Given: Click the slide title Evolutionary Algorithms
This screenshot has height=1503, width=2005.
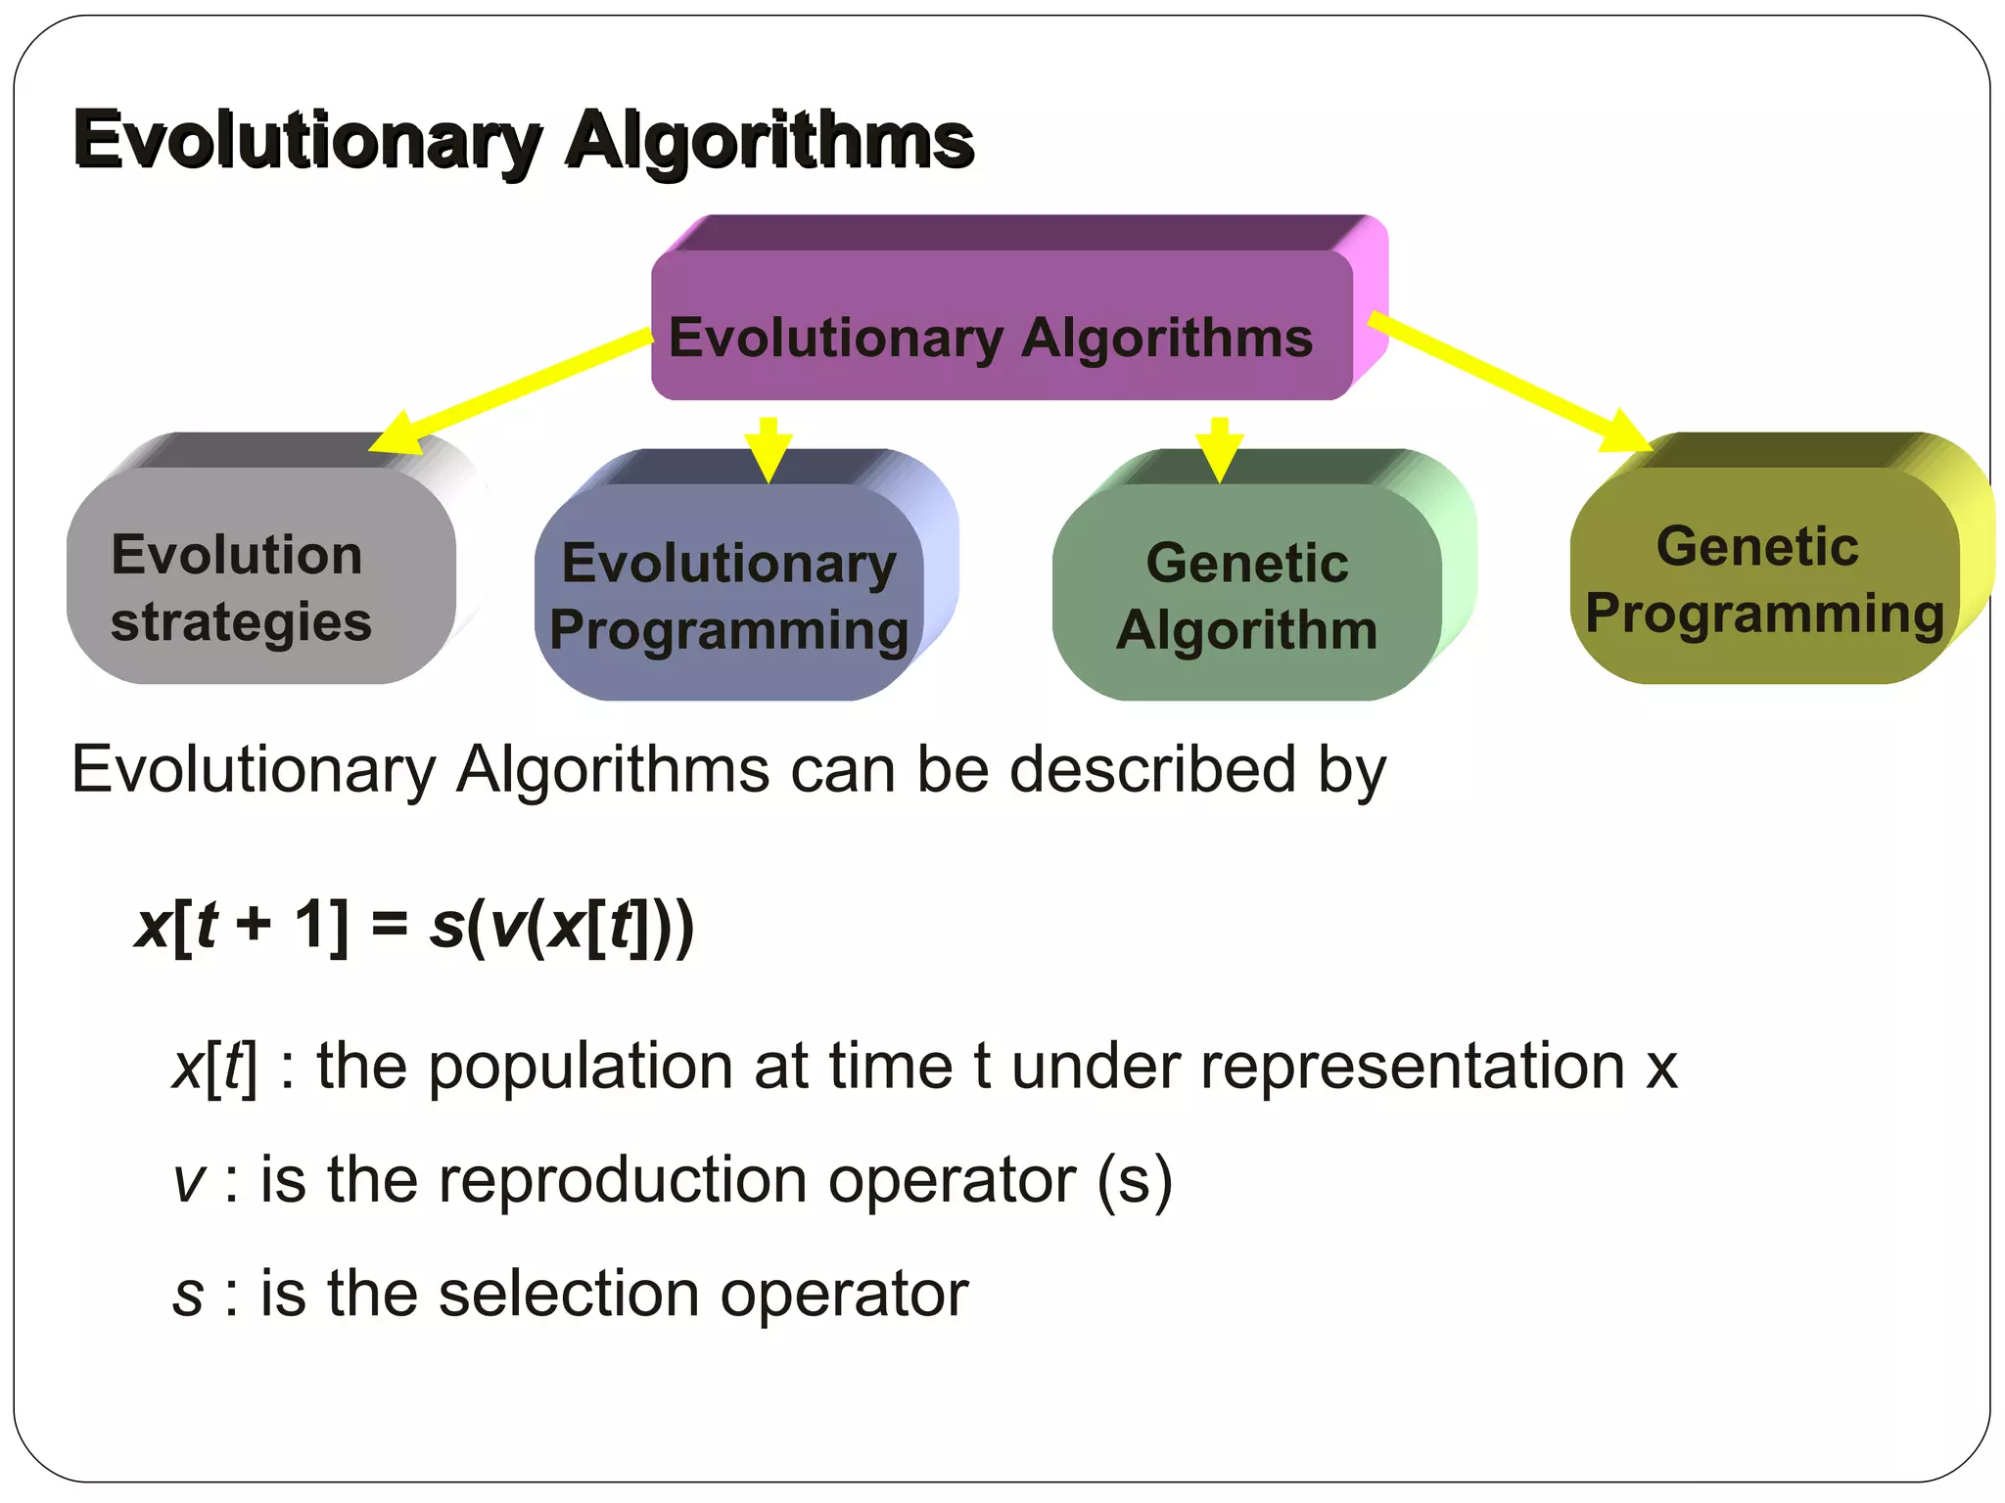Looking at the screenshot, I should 524,140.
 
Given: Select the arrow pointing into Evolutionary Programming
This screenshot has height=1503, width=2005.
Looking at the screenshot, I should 769,450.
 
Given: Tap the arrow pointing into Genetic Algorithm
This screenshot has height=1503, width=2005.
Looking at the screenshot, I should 1219,450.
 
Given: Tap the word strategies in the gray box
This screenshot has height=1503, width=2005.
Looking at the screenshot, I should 241,623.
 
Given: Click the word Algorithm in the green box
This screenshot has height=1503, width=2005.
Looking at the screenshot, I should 1246,629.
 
